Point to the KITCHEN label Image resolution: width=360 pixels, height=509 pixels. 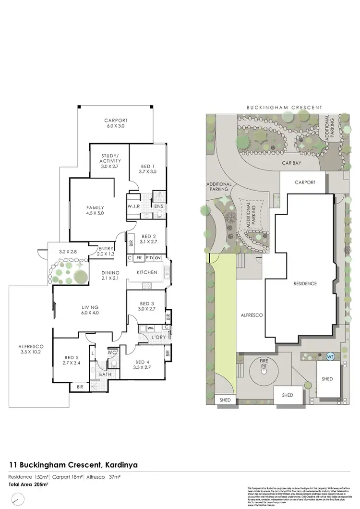(147, 272)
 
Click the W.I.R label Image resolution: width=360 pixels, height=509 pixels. (133, 206)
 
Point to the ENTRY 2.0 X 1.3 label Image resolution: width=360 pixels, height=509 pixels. (106, 251)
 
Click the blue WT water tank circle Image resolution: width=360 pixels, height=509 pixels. (330, 357)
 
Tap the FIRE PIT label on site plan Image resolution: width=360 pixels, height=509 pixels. (264, 363)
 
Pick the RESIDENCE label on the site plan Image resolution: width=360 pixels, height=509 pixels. (305, 283)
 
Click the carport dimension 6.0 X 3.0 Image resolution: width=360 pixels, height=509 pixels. (115, 125)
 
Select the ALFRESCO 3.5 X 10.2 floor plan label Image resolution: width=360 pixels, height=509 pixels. (31, 349)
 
